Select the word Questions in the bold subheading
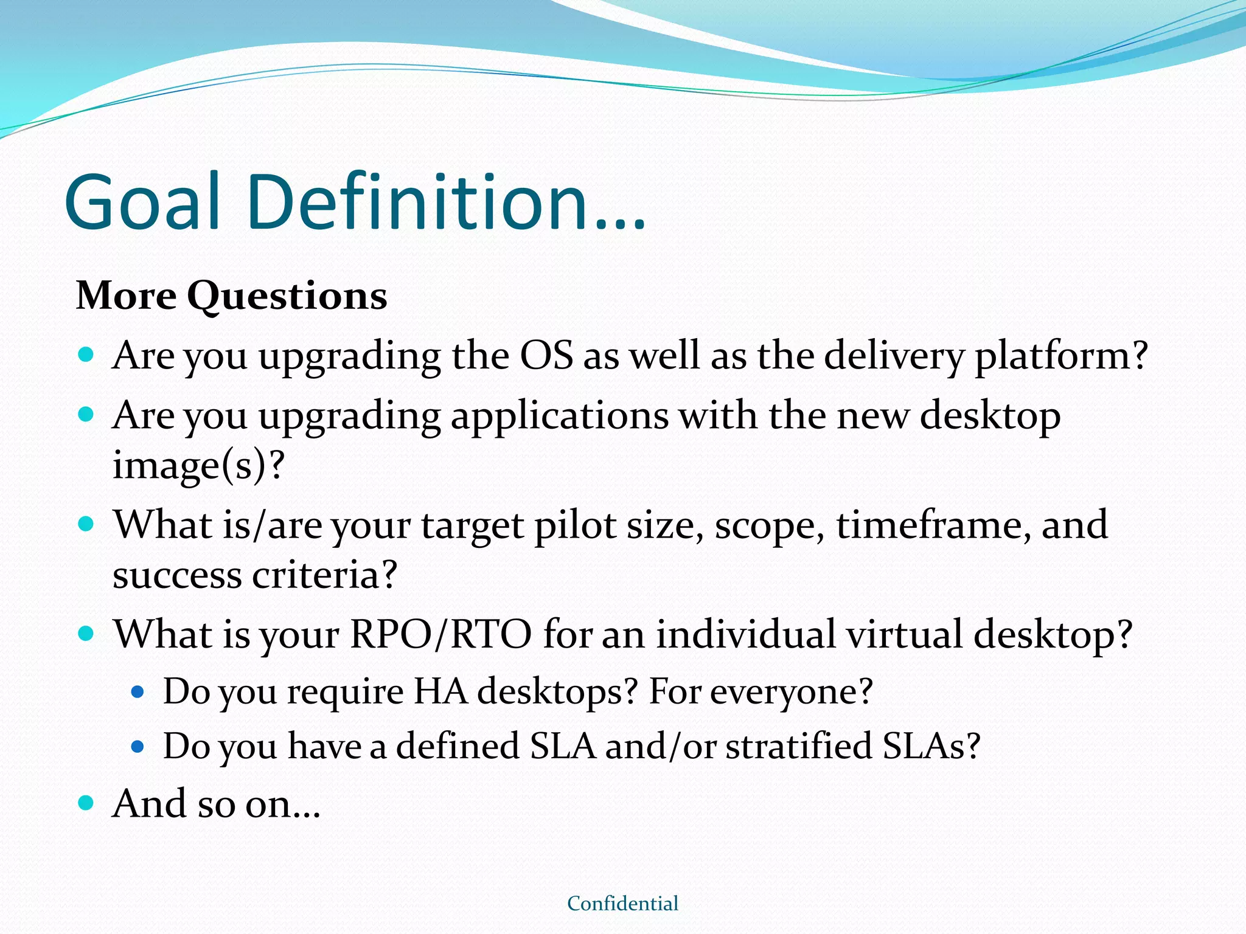click(287, 297)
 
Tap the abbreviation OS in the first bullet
click(546, 356)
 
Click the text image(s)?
click(198, 466)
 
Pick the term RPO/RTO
click(440, 635)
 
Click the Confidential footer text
click(622, 904)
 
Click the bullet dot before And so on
click(86, 803)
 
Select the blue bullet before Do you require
click(137, 692)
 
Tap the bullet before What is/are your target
click(86, 524)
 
